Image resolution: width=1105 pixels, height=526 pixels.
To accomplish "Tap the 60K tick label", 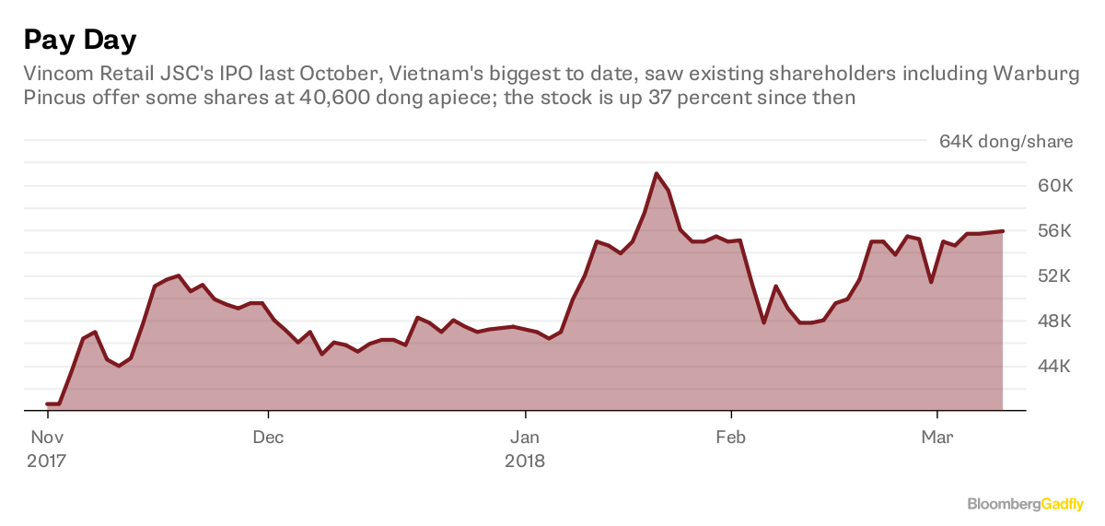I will coord(1051,186).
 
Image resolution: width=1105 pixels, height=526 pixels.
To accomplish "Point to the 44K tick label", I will coord(1051,367).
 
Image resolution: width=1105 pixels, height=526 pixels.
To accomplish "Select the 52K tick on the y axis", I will coord(1051,276).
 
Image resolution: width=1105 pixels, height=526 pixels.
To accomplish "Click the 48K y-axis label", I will coord(1051,321).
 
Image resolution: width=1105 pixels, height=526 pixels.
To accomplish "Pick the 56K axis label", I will coord(1051,231).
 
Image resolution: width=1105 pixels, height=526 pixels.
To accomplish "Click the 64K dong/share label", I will coord(1006,141).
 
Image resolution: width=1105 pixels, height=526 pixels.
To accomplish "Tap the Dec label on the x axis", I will coord(268,437).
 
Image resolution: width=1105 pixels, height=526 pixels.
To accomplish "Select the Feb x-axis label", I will coord(731,437).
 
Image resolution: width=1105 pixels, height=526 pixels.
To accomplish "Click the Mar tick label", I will coord(937,437).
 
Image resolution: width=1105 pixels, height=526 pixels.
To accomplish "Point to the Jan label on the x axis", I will coord(525,437).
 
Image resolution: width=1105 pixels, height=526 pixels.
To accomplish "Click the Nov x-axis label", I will coord(47,437).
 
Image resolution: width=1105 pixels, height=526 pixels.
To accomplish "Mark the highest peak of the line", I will coord(656,173).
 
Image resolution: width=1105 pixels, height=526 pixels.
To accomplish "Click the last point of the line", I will coord(1002,231).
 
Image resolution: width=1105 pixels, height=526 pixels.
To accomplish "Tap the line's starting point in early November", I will coord(48,403).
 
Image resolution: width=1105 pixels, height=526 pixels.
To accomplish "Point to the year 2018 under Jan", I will coord(525,460).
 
